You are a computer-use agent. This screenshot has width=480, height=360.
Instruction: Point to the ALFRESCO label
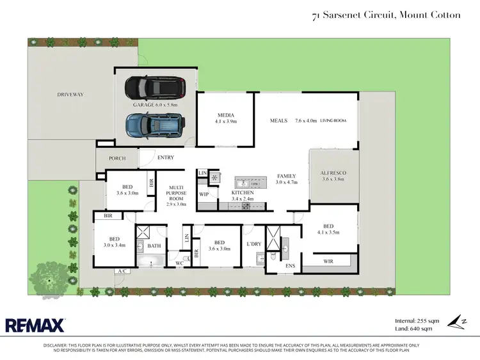coord(333,173)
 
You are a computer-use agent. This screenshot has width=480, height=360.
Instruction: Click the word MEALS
coord(278,120)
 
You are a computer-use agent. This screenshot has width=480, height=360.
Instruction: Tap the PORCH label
coord(117,158)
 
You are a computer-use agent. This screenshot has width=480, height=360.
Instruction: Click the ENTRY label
coord(165,157)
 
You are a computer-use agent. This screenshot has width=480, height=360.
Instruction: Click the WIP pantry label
coord(204,194)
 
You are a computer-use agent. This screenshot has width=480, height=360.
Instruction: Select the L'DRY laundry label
coord(253,244)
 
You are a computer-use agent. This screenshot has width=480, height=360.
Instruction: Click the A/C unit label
coord(122,272)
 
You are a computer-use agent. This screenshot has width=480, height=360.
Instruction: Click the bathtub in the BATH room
coord(152,262)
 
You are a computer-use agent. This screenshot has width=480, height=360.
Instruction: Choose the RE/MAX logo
coord(36,325)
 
